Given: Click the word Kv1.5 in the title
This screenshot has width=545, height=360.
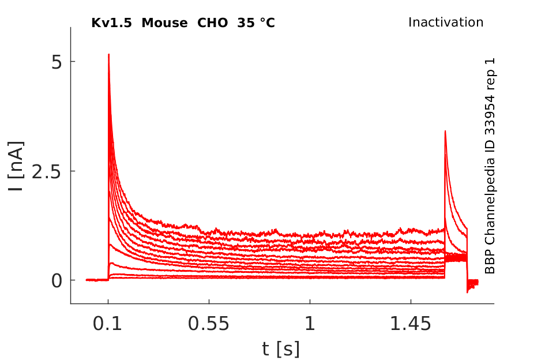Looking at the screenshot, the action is click(111, 23).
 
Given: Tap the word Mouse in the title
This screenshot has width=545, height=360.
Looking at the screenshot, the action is click(164, 23).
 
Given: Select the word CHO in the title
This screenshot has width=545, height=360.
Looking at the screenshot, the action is click(213, 23).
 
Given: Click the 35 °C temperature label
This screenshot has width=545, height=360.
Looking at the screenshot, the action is click(256, 23).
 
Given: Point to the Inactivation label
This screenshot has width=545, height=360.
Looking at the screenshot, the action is click(446, 22).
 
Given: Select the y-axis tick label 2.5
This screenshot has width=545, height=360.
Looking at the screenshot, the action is click(47, 171).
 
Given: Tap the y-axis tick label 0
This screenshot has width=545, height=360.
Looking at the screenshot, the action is click(57, 280).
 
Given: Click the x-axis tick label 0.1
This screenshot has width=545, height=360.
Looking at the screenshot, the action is click(107, 324).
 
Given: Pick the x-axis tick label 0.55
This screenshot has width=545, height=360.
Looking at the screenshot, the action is click(209, 324).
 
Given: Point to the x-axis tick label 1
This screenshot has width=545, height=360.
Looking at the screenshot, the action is click(310, 324).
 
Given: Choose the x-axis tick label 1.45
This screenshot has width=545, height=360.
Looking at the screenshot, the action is click(411, 324).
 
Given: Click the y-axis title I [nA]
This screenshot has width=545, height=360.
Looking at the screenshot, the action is click(16, 166).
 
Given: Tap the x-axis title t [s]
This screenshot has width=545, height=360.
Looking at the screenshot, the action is click(281, 349).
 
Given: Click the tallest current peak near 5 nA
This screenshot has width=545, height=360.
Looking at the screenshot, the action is click(109, 55).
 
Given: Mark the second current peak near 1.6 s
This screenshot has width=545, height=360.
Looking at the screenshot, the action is click(445, 132).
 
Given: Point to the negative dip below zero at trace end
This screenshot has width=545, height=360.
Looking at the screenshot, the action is click(468, 291).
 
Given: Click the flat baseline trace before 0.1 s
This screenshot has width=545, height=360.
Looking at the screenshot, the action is click(97, 280).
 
